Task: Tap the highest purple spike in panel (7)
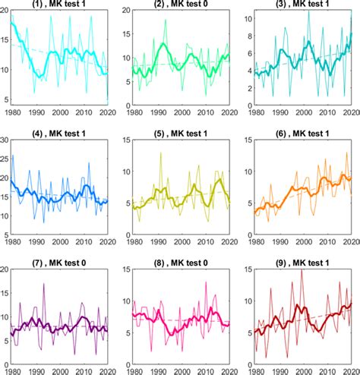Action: [45, 284]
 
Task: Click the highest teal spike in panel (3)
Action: [308, 11]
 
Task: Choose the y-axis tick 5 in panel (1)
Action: [7, 100]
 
